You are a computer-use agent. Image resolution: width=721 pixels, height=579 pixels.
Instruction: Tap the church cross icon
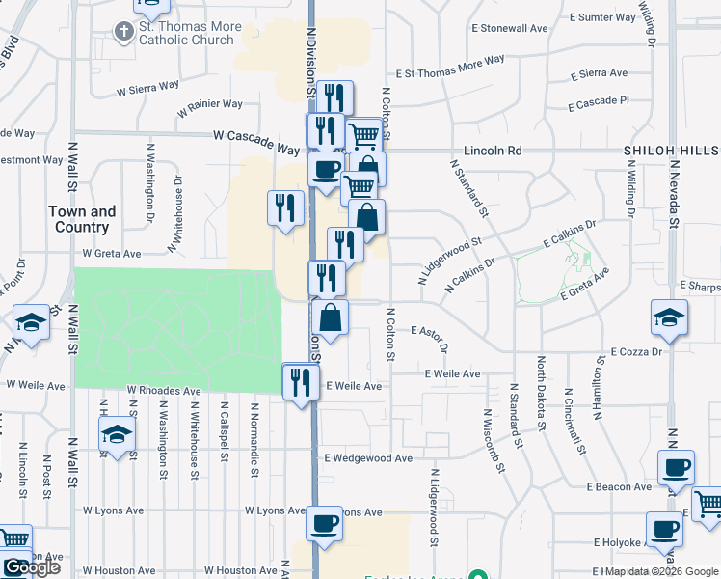tap(123, 33)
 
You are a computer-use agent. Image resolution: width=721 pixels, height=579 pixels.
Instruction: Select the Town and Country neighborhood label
tap(81, 219)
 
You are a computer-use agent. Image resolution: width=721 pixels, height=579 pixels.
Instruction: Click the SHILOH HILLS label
tap(671, 152)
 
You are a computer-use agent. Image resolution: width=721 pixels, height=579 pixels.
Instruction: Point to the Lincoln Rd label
tap(492, 152)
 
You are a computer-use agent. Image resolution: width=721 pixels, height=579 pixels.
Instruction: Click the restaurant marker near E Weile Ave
tap(300, 382)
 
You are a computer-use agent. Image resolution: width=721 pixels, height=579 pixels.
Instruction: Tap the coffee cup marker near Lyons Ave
tap(324, 525)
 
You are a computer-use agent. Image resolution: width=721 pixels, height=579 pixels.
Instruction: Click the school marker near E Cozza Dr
tap(669, 317)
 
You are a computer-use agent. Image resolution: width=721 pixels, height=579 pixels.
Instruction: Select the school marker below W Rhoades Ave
tap(117, 435)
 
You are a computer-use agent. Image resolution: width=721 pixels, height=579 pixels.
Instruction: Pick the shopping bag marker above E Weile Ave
tap(330, 317)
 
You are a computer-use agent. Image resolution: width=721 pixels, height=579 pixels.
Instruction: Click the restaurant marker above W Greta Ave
tap(285, 208)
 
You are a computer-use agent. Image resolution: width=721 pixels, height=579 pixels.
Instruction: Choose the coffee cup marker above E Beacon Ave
tap(675, 469)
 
